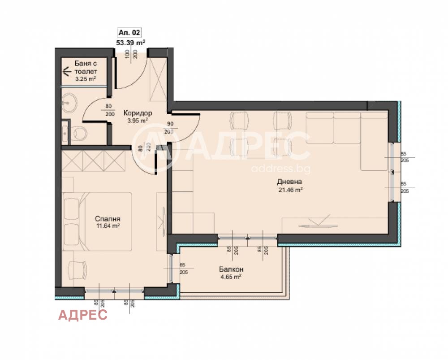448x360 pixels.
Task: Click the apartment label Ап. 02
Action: tap(129, 33)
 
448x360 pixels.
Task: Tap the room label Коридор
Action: tap(138, 113)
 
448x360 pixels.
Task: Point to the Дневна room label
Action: tap(289, 182)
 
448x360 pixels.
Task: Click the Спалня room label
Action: tap(108, 219)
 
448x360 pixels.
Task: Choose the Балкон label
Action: tap(231, 269)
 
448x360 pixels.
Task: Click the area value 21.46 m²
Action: tap(289, 190)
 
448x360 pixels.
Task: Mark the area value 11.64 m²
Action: tap(108, 226)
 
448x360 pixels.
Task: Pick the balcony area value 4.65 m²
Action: tap(231, 277)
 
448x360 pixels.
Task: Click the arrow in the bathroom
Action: tap(67, 71)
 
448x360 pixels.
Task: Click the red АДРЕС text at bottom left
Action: tap(83, 315)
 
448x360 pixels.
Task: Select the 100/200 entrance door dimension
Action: tap(130, 55)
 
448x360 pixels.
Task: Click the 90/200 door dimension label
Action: tap(169, 128)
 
